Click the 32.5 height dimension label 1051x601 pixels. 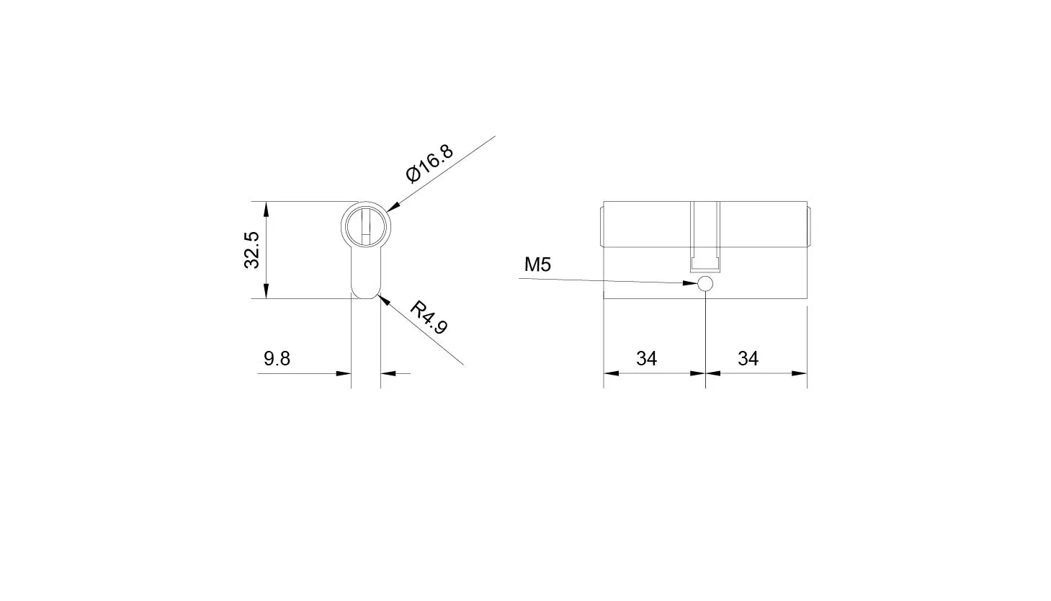[x=252, y=250]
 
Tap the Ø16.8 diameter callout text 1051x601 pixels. [x=430, y=163]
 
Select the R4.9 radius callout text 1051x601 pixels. [x=429, y=317]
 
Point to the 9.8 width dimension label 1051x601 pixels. [x=277, y=359]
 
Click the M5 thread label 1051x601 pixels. [x=537, y=264]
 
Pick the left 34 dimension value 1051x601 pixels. [x=646, y=359]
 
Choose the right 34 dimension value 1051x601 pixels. [x=748, y=359]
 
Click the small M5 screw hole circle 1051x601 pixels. [x=706, y=284]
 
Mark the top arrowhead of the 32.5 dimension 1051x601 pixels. [x=266, y=209]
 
